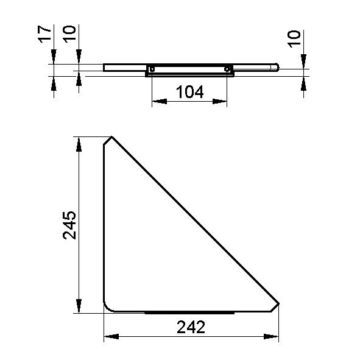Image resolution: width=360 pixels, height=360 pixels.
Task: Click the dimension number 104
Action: [x=189, y=92]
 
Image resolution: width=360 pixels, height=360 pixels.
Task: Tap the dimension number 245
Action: [x=69, y=225]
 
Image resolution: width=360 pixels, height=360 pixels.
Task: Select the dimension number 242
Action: [x=191, y=327]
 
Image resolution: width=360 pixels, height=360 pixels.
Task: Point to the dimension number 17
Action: [x=44, y=34]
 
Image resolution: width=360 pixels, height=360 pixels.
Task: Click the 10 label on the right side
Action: [x=294, y=39]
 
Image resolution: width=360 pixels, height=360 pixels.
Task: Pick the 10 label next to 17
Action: [x=69, y=34]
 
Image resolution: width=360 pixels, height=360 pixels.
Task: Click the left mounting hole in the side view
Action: [x=152, y=69]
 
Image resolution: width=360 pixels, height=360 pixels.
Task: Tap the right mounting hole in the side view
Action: [x=227, y=69]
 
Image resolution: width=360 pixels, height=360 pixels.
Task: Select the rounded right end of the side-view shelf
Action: [x=277, y=68]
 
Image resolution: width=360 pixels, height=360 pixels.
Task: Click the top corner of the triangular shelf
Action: [x=112, y=136]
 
